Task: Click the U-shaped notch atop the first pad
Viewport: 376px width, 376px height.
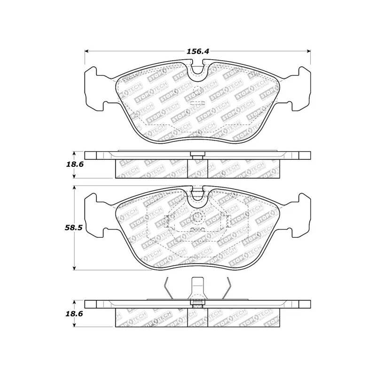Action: coord(198,70)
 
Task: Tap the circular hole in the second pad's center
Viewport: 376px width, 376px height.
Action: coord(197,217)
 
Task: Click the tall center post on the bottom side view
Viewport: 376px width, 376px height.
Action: coord(197,289)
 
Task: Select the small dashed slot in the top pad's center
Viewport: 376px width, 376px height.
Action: coord(197,100)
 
